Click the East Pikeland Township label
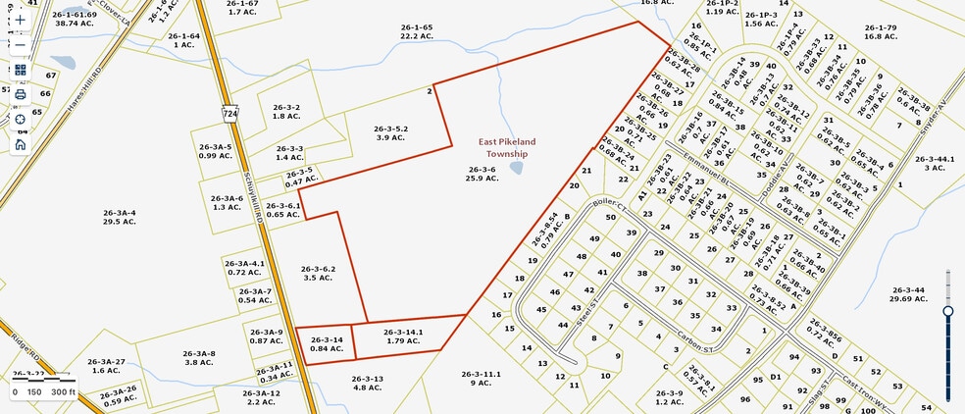point(502,147)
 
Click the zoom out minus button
point(21,45)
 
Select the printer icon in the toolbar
point(21,94)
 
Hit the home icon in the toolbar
point(21,144)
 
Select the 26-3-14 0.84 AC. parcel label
point(326,344)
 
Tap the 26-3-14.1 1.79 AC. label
point(403,336)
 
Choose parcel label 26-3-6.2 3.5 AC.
point(319,274)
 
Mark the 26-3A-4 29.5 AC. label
point(119,217)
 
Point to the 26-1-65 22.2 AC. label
point(417,32)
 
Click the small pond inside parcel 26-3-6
point(515,168)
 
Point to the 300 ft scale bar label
point(63,392)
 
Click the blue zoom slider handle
point(948,311)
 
